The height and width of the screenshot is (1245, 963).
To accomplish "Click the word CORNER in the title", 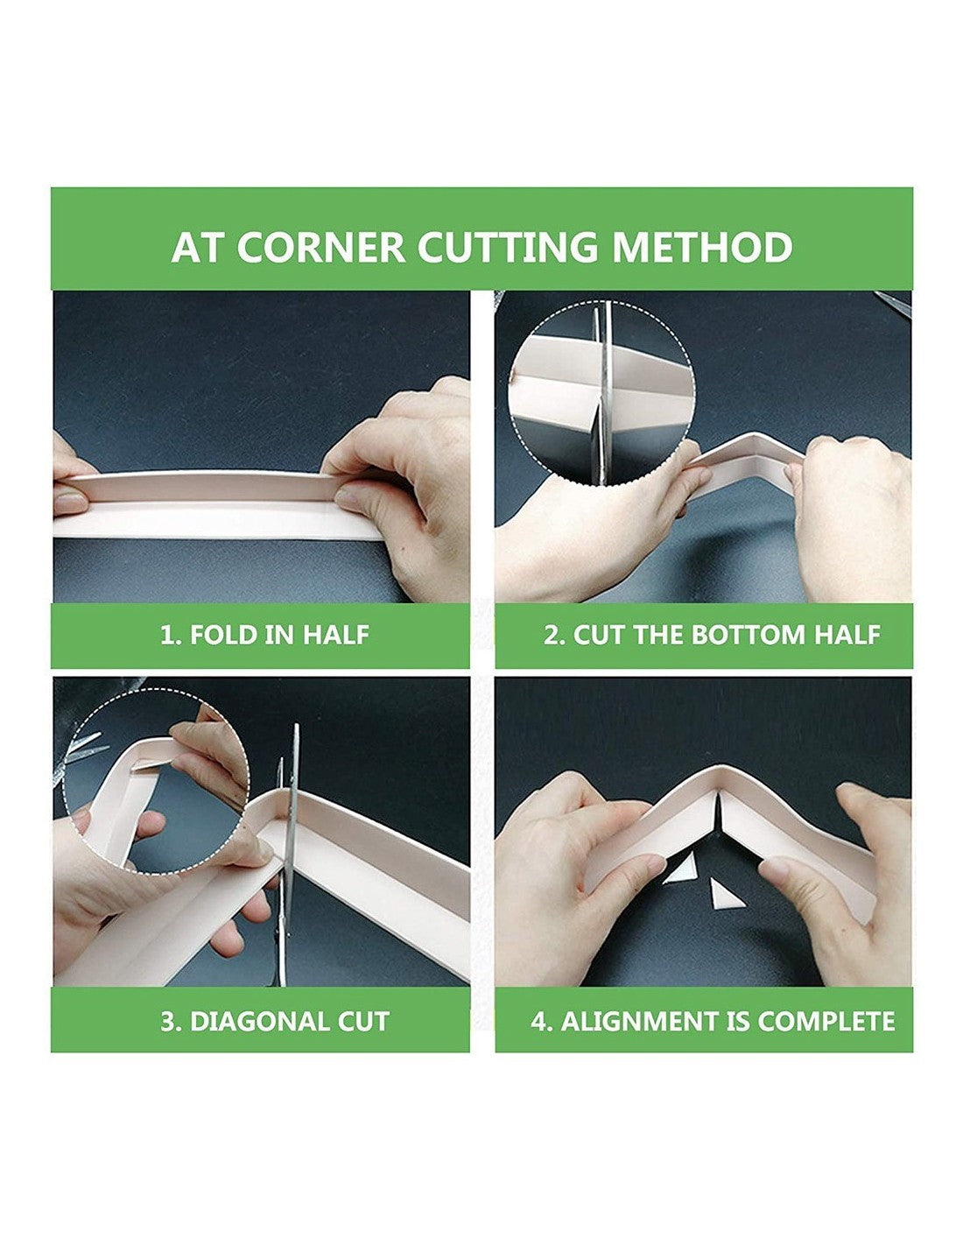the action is [320, 247].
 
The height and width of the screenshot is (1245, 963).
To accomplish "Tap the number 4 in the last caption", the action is [540, 1022].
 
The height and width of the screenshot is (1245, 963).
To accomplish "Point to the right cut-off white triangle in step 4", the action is [722, 896].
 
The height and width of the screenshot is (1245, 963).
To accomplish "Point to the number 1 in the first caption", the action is [166, 635].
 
